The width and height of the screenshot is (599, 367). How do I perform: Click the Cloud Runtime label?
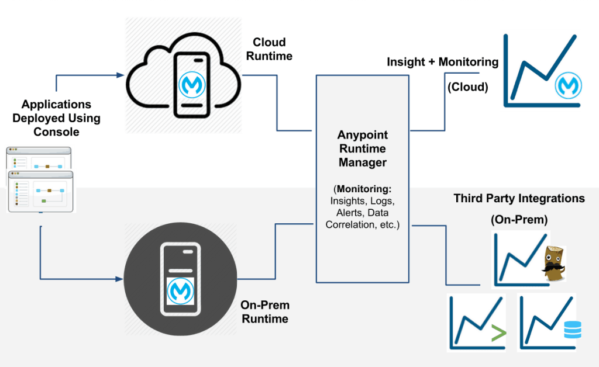(269, 49)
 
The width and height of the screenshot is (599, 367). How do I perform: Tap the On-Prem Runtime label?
(265, 312)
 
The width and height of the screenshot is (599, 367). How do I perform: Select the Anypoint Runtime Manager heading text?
(363, 148)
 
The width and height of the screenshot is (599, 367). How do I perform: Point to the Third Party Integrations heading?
(519, 199)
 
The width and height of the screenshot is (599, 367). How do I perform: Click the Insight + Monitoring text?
(443, 62)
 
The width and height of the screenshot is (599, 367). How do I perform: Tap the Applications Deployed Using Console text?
(56, 118)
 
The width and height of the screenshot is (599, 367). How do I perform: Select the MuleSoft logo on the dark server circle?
(180, 290)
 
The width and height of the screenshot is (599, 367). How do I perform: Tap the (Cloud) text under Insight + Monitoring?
(467, 88)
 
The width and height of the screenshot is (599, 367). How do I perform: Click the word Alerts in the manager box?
(349, 213)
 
